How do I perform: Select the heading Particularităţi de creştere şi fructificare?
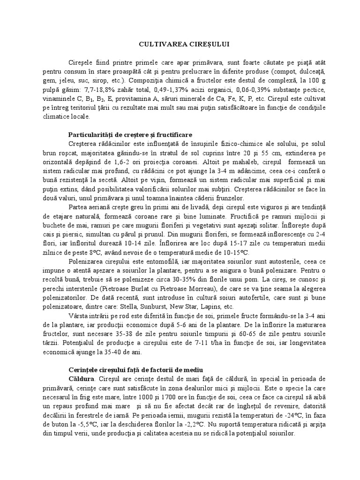click(136, 134)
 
